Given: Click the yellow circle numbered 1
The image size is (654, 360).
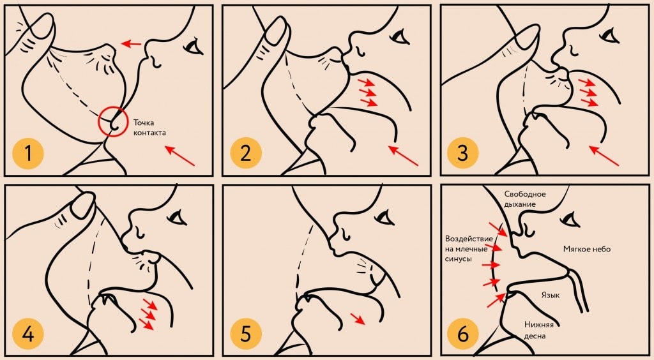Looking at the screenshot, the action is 28,153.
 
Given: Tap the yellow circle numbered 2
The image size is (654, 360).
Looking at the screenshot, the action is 246,153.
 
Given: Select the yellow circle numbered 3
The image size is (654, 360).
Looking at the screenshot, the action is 463,153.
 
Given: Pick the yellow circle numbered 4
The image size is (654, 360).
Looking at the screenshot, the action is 28,334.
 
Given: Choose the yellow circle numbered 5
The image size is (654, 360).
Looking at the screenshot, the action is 246,334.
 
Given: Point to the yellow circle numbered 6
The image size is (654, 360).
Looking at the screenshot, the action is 463,334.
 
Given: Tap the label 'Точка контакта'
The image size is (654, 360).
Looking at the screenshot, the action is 149,128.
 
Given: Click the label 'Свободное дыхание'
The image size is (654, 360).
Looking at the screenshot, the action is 525,199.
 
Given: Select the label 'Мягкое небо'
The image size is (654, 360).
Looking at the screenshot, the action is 586,249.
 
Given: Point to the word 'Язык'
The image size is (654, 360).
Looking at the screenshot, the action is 550,295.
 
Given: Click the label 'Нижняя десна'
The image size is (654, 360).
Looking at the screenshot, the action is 538,330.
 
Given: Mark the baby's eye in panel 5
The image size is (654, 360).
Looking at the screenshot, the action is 384,216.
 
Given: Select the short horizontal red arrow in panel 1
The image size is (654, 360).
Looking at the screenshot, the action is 131,43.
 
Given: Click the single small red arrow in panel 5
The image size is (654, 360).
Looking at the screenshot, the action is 358,319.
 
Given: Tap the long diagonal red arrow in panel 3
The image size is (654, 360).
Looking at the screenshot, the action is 604,155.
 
